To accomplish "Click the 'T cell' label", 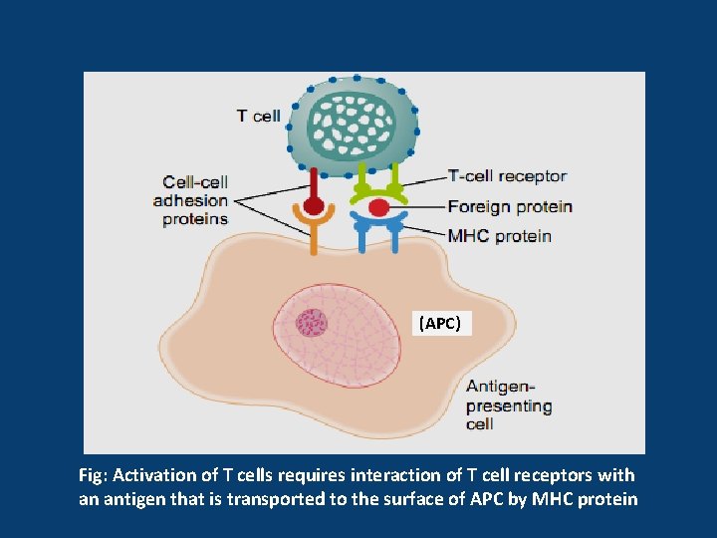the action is pos(258,116).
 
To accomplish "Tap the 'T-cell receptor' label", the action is pos(507,176).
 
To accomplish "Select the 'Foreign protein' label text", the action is pos(510,207).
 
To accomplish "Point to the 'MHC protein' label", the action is pos(499,236).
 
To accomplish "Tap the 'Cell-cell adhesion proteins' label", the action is pos(191,201).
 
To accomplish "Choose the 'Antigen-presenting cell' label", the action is pos(509,405).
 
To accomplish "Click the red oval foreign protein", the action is pos(378,207).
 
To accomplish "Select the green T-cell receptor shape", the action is pos(378,185).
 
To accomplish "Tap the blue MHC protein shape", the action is pos(378,229).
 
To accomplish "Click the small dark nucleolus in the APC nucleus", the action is pos(312,323).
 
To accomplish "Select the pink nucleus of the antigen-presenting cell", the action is pos(337,336).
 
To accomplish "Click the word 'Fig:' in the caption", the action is pos(94,476).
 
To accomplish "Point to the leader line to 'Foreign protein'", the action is pos(417,207).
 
